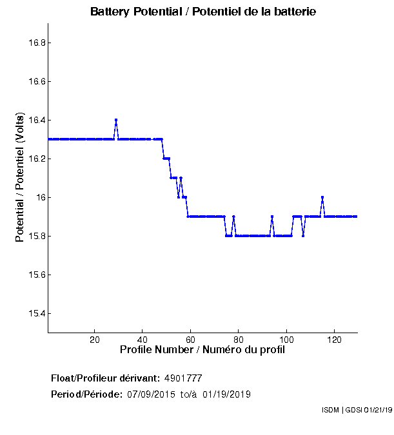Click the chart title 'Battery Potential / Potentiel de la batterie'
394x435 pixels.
(203, 12)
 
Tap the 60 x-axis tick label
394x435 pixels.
(190, 340)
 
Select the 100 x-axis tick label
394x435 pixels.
(286, 340)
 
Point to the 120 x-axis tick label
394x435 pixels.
(334, 340)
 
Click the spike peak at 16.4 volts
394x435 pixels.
(116, 120)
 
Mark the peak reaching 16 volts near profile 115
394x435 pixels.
(322, 197)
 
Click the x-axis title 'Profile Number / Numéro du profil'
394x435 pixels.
(202, 350)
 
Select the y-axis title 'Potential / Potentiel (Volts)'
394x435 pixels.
(20, 177)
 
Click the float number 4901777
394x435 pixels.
(184, 378)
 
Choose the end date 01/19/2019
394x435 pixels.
(226, 394)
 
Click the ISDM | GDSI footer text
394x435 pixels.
(356, 411)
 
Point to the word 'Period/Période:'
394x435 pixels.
(86, 394)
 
